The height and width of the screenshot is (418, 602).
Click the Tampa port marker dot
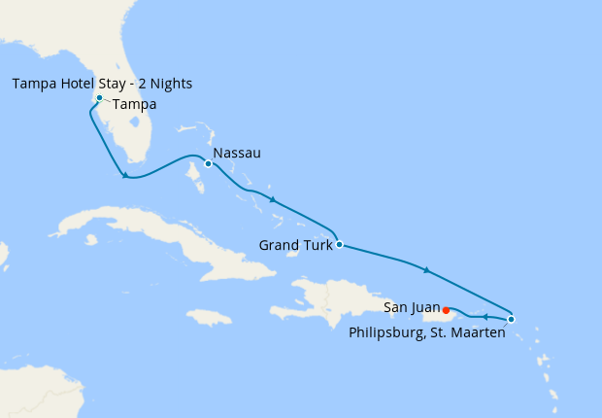coord(99,98)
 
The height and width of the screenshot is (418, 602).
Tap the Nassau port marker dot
coord(208,163)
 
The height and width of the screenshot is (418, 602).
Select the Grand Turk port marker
coord(338,244)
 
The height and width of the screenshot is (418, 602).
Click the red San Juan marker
coord(446,311)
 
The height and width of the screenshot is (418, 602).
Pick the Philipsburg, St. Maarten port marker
coord(512,319)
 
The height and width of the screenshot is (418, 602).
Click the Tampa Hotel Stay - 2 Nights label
coord(102,84)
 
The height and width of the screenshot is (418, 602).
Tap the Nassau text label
coord(237,154)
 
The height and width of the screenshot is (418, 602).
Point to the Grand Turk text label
coord(295,245)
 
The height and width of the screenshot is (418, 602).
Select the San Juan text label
coord(412,307)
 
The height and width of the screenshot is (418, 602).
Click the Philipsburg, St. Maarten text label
coord(427,333)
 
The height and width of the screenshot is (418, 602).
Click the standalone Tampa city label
coord(135,105)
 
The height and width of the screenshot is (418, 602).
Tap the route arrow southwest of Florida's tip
coord(124,175)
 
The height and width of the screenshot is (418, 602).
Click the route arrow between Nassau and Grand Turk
coord(273,200)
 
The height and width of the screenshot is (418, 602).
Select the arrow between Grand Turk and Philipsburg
coord(425,269)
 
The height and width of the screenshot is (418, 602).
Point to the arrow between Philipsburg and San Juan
coord(485,317)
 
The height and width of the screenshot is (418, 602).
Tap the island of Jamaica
coord(209,317)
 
